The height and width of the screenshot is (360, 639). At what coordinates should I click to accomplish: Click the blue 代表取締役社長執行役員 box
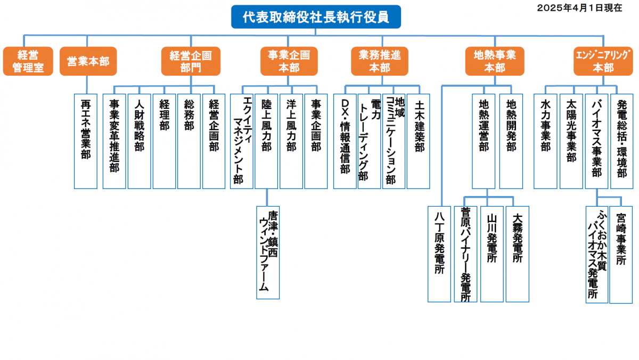(315, 17)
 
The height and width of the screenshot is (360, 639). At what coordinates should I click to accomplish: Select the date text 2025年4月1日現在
(579, 8)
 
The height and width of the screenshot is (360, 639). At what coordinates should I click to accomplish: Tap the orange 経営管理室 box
(28, 61)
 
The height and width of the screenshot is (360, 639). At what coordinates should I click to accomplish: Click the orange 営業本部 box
(88, 61)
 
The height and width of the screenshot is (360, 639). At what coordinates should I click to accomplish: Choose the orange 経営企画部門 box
(191, 61)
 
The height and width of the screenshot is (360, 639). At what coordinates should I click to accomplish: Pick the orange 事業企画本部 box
(289, 61)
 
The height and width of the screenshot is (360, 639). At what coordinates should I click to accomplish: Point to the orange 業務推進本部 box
(380, 61)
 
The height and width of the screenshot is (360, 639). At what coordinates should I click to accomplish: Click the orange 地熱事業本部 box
(494, 61)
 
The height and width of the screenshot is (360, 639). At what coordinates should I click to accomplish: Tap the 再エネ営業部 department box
(86, 141)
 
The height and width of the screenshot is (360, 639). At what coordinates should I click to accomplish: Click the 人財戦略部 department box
(139, 141)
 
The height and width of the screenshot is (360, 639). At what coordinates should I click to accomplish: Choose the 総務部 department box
(189, 141)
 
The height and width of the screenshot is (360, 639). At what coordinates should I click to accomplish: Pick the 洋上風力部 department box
(291, 141)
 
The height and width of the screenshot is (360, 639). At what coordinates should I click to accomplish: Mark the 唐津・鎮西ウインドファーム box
(268, 252)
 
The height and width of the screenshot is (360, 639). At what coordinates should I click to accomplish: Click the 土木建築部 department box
(419, 141)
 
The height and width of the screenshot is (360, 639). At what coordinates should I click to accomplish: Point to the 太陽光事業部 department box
(571, 141)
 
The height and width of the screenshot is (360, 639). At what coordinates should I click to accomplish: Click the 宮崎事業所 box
(621, 254)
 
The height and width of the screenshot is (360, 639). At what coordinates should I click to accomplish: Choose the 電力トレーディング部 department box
(369, 141)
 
